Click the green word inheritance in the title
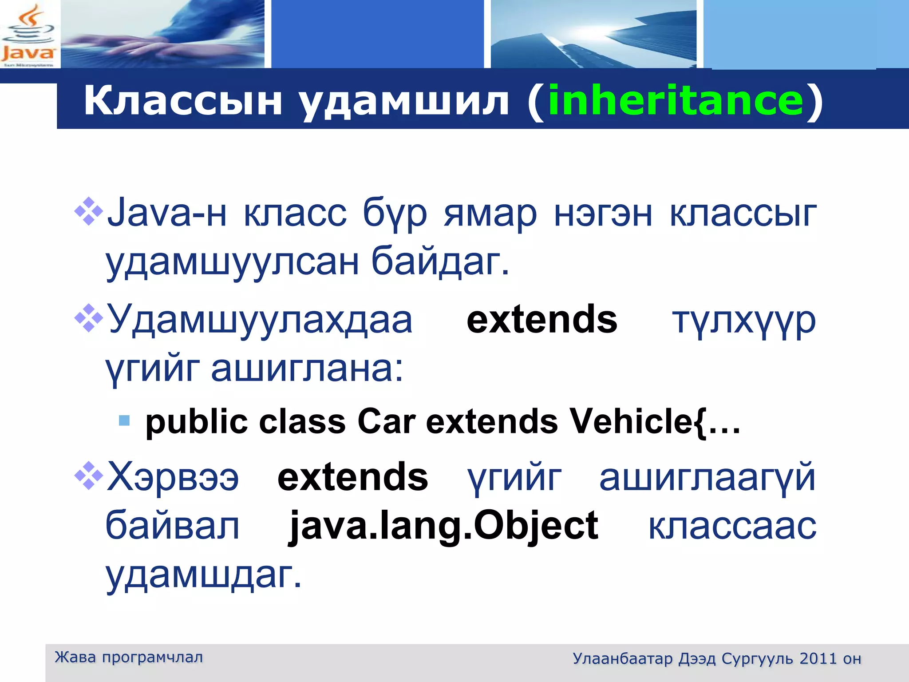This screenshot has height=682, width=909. pyautogui.click(x=676, y=101)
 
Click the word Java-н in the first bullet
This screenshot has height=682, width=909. pyautogui.click(x=166, y=213)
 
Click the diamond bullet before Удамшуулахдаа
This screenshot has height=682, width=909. pyautogui.click(x=89, y=318)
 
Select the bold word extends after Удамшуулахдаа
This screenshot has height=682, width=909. pyautogui.click(x=541, y=319)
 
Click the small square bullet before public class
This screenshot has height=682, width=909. pyautogui.click(x=125, y=420)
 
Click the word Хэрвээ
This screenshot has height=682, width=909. pyautogui.click(x=173, y=477)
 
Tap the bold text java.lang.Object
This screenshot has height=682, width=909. pyautogui.click(x=443, y=526)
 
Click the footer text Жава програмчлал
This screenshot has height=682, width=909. pyautogui.click(x=129, y=657)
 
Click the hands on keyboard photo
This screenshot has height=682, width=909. pyautogui.click(x=162, y=34)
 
